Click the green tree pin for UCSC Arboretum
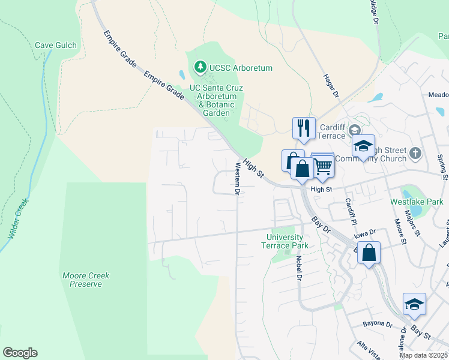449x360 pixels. [x=200, y=66]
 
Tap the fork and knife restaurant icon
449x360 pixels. [x=303, y=128]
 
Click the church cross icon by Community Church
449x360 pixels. [x=415, y=154]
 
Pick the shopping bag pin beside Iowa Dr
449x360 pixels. [x=369, y=253]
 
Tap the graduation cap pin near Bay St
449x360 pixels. [x=414, y=304]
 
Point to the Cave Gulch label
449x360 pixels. [x=55, y=45]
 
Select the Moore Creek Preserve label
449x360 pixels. [x=86, y=280]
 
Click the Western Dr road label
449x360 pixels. [x=238, y=178]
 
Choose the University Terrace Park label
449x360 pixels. [x=288, y=241]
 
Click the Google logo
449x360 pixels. [x=20, y=353]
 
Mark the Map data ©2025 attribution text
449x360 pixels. [x=423, y=355]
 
